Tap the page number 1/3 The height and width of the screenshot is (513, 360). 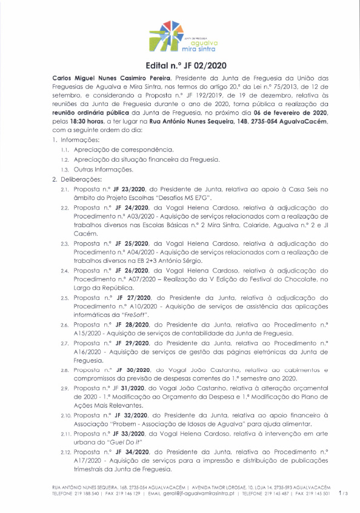click(344, 494)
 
